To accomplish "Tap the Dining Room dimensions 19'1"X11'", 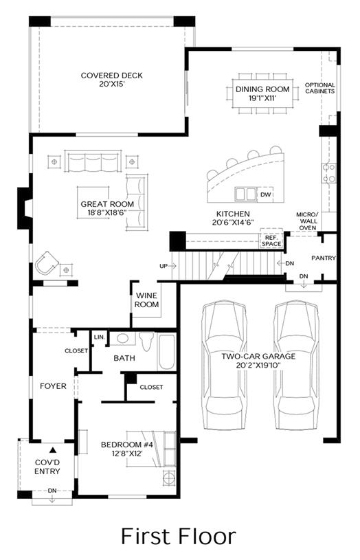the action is click(x=262, y=98).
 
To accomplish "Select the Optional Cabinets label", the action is click(x=320, y=88).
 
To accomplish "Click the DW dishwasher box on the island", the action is click(x=266, y=194).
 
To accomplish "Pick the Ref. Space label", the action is click(x=271, y=240).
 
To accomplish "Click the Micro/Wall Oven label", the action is click(x=307, y=221).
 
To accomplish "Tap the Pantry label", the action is click(x=323, y=258).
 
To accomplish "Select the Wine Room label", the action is click(x=147, y=300).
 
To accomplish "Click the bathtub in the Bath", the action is click(x=166, y=352).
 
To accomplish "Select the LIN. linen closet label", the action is click(x=100, y=337).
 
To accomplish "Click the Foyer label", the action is click(x=53, y=386).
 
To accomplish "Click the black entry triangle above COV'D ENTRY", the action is click(x=53, y=449).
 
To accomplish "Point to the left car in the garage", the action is click(x=224, y=365).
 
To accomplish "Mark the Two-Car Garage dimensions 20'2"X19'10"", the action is click(x=258, y=366).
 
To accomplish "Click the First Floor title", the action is click(x=179, y=537).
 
